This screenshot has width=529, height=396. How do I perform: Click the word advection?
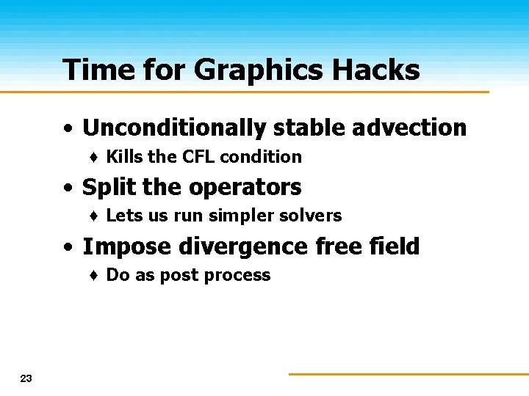(x=409, y=128)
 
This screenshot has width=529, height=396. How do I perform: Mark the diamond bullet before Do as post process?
(x=95, y=276)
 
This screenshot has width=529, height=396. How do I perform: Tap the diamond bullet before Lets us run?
(x=95, y=216)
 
